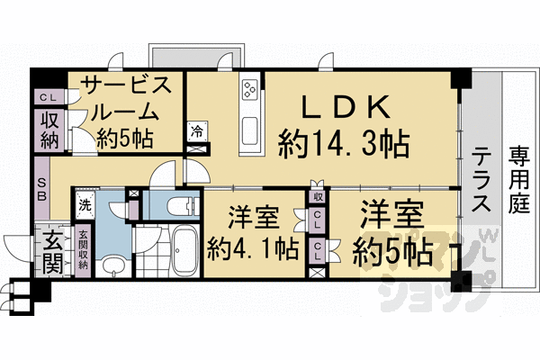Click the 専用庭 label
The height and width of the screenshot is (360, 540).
coord(517,180)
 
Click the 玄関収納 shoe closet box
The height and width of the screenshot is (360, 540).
coord(83,254)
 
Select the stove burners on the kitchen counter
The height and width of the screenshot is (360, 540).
coord(249,90)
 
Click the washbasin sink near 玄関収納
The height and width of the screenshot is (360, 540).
coord(112,265)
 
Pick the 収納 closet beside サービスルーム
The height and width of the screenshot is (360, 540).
coord(49,130)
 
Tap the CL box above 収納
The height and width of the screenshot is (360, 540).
coord(48,98)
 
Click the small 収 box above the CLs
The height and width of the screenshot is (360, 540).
coord(318,196)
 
